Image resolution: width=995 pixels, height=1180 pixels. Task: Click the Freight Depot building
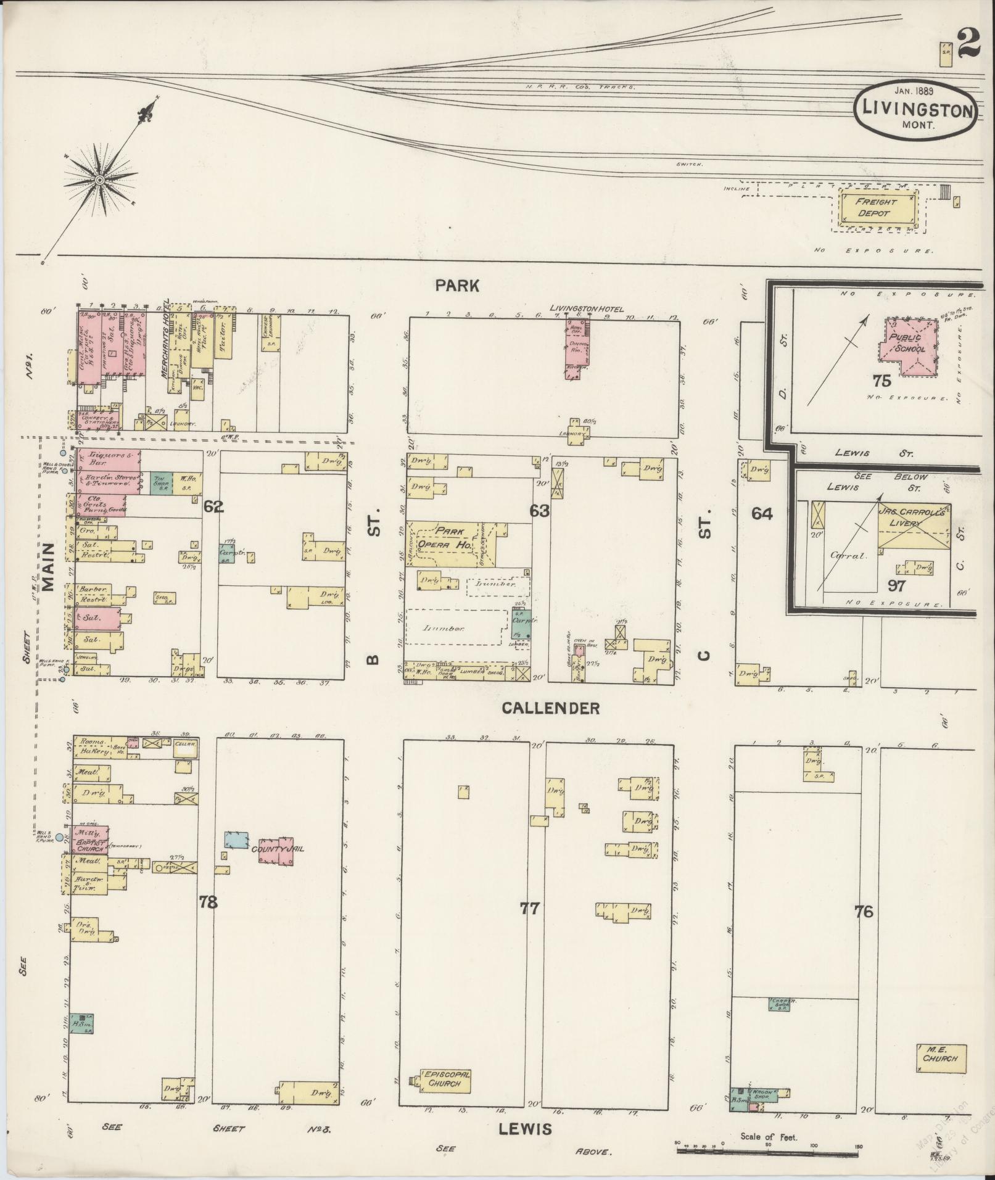[875, 208]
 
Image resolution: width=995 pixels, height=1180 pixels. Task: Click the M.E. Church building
[941, 1058]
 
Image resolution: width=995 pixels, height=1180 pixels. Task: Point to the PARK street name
[456, 285]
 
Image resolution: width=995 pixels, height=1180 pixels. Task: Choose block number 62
[213, 507]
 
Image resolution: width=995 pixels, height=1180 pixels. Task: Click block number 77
[529, 908]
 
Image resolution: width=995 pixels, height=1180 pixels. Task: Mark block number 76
[864, 911]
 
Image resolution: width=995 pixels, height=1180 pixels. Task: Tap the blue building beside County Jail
[236, 840]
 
